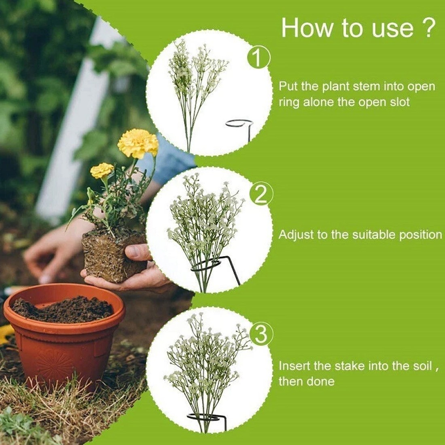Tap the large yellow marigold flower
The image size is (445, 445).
(x=138, y=143)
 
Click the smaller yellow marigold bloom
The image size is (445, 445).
(x=102, y=170)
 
